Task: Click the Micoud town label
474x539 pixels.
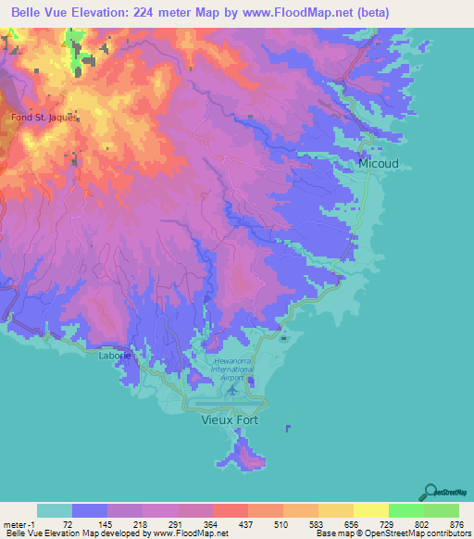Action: coord(379,163)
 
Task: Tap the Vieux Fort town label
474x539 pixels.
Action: coord(231,420)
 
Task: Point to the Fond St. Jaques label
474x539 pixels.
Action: coord(44,118)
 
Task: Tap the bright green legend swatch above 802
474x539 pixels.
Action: coord(406,510)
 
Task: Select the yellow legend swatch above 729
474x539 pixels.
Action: coord(370,510)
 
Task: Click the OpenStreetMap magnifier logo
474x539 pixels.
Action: coord(430,492)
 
